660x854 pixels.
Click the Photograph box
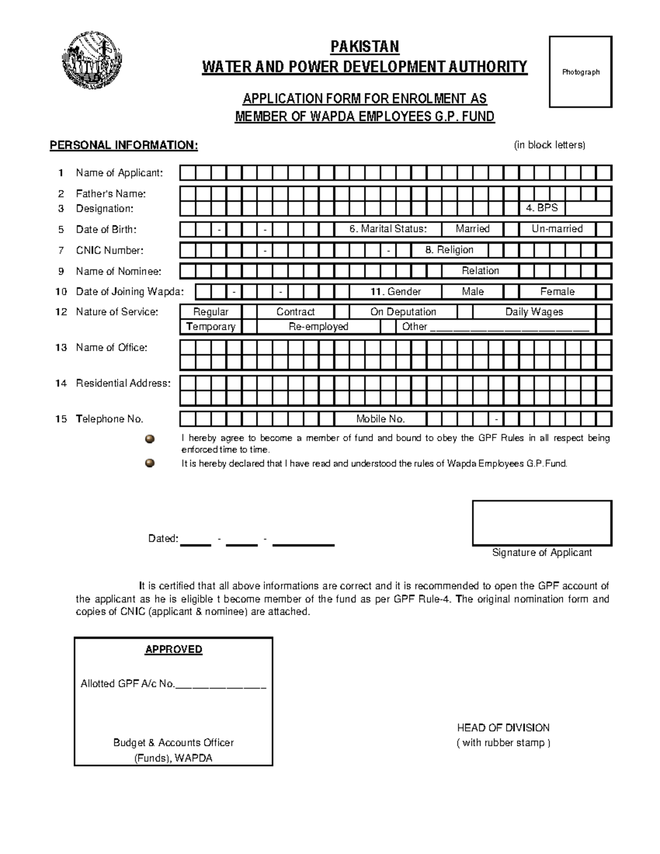[580, 72]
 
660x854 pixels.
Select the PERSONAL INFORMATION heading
[124, 145]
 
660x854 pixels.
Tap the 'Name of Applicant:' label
[119, 173]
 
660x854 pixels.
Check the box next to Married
[511, 229]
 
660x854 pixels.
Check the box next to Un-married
[603, 229]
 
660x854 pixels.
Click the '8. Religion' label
[449, 250]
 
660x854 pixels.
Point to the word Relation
[480, 271]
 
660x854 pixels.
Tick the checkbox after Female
[603, 291]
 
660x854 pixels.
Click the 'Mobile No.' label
[380, 419]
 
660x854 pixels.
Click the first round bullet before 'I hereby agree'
[150, 439]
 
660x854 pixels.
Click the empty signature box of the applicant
[542, 522]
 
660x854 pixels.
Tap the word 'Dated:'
[163, 538]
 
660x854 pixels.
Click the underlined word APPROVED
[173, 649]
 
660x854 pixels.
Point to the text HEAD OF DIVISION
[503, 728]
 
